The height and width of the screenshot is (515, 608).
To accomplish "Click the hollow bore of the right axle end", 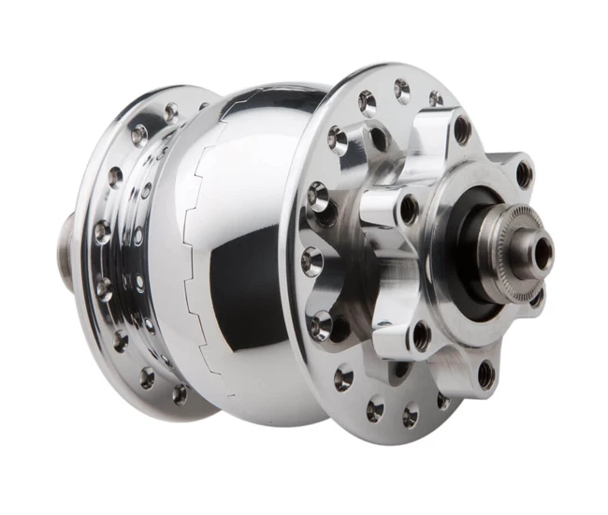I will (542, 252).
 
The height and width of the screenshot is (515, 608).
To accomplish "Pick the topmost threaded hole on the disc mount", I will (462, 130).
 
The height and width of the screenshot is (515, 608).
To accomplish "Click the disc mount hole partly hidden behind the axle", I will (536, 298).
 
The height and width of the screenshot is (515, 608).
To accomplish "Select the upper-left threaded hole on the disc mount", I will (408, 208).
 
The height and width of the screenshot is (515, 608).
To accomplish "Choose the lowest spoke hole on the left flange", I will (179, 394).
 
